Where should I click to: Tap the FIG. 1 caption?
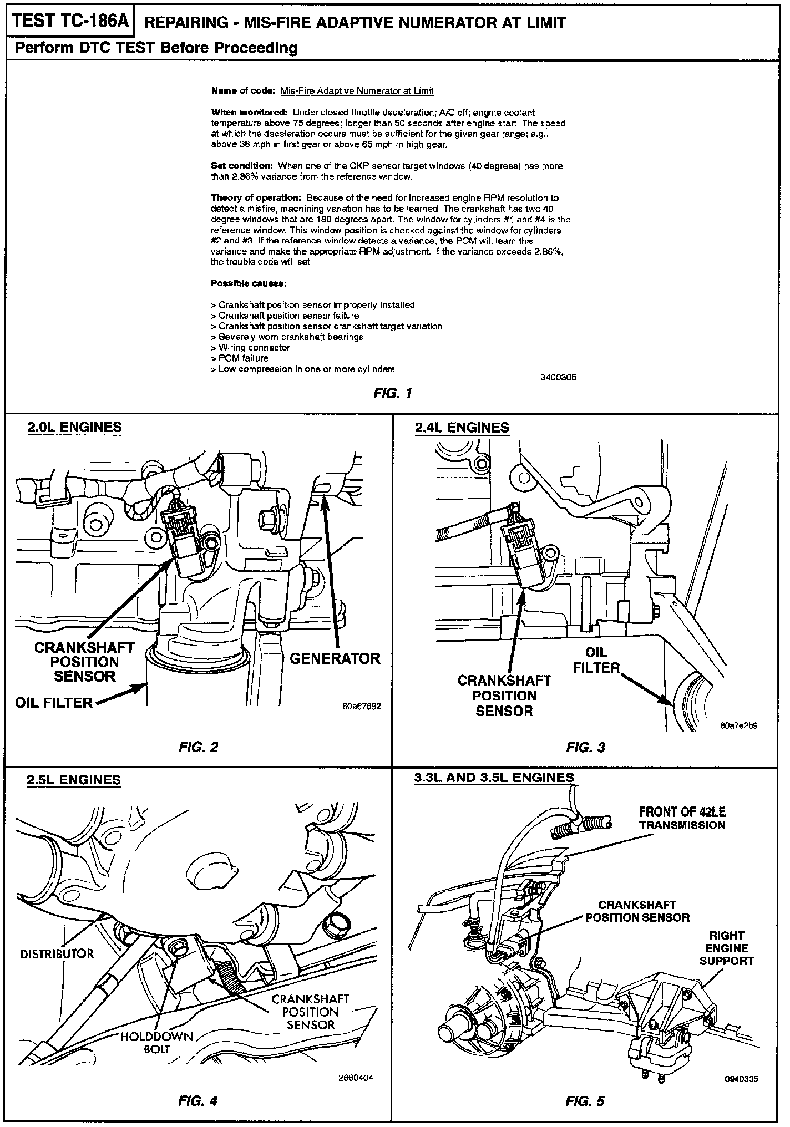392,394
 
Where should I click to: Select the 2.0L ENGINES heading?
75,427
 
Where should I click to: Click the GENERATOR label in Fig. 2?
335,658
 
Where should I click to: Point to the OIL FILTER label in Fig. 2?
54,703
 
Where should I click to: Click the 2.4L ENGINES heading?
462,428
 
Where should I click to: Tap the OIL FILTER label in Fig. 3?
596,660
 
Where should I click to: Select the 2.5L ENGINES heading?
74,780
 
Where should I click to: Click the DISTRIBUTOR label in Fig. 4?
57,954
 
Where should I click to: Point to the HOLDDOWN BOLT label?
156,1043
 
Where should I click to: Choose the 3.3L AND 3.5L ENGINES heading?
494,778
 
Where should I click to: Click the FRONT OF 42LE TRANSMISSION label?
682,819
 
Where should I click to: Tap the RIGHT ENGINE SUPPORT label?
726,948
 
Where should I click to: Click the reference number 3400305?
558,377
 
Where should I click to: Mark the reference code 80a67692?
362,707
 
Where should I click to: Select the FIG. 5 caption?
585,1101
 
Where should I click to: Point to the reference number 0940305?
741,1079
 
